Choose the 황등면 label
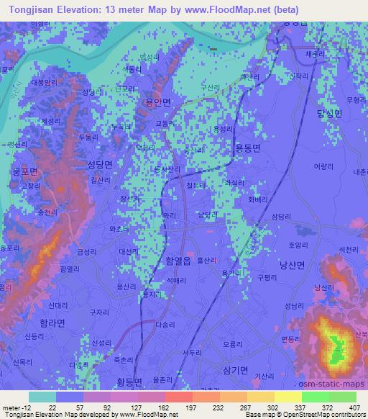pos(129,382)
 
